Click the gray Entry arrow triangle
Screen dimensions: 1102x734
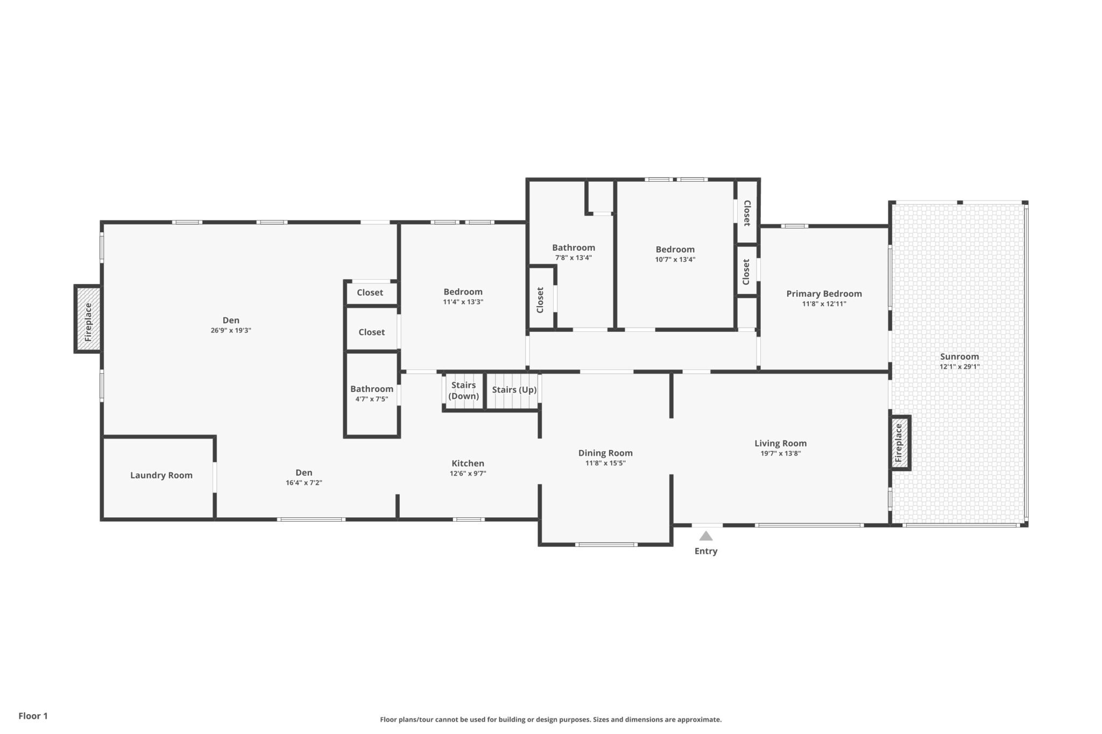click(x=706, y=536)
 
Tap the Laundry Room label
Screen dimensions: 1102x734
click(x=161, y=475)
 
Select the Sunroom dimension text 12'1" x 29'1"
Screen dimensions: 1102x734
click(x=959, y=367)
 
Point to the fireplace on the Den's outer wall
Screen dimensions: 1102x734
click(x=88, y=319)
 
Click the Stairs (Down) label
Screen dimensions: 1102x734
click(x=463, y=390)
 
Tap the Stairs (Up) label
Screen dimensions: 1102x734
click(x=514, y=390)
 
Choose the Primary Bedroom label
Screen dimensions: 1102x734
click(x=824, y=294)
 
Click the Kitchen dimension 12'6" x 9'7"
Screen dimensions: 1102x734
click(x=468, y=474)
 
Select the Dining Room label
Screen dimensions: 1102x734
click(x=605, y=453)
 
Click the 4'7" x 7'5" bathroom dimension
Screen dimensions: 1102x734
click(x=371, y=399)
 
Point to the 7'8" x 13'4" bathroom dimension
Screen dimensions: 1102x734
click(x=574, y=258)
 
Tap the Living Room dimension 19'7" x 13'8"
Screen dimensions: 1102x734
click(x=780, y=453)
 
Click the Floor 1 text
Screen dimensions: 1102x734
click(x=33, y=716)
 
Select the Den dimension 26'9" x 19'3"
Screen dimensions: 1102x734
click(x=231, y=331)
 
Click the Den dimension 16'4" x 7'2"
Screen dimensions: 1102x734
click(x=303, y=483)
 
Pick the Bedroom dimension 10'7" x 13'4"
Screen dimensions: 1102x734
click(x=675, y=260)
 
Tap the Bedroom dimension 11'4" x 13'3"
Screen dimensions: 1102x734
click(x=463, y=302)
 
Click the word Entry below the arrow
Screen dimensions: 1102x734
click(x=706, y=551)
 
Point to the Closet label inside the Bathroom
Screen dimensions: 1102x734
click(x=540, y=300)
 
